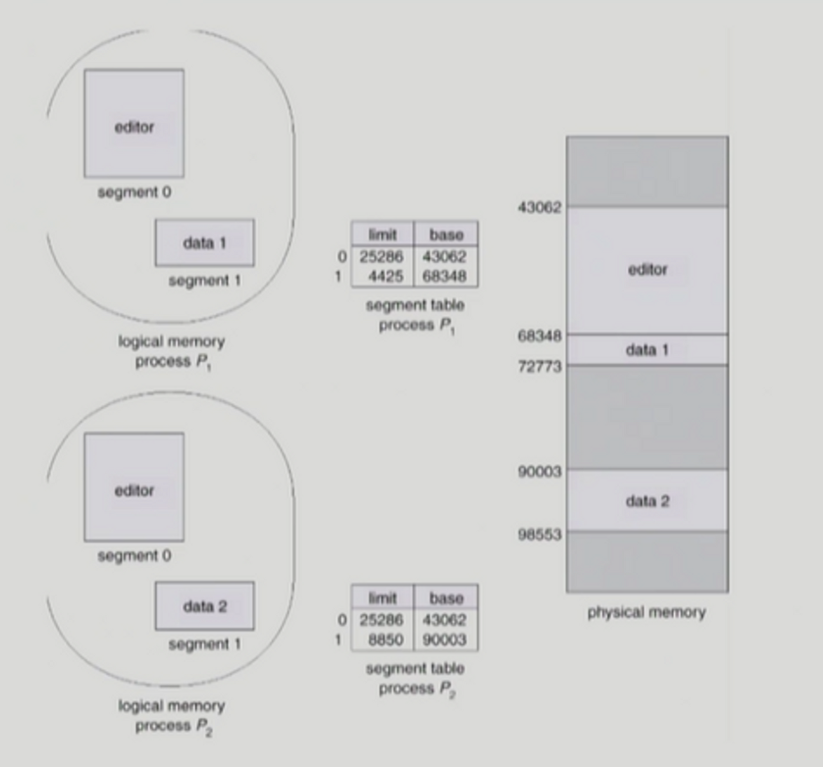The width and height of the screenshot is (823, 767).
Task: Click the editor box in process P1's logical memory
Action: tap(134, 123)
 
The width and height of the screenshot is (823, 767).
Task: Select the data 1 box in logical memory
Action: tap(204, 243)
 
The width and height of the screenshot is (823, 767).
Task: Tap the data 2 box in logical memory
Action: tap(204, 606)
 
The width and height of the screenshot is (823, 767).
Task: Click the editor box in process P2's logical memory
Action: tap(134, 487)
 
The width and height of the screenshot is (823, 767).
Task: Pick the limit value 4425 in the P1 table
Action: tap(385, 276)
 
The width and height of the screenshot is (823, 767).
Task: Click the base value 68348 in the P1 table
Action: tap(444, 276)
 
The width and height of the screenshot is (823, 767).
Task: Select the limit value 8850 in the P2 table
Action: tap(385, 640)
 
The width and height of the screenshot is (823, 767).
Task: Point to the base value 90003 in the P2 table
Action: tap(444, 640)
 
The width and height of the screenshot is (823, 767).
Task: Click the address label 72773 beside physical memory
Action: tap(539, 366)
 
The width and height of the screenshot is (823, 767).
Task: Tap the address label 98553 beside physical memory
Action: tap(539, 535)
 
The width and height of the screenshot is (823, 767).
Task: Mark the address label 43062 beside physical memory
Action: tap(539, 207)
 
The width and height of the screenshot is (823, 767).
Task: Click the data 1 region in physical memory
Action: tap(647, 350)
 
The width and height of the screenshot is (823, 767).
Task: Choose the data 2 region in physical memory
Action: tap(647, 501)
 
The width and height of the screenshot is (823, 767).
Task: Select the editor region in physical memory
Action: tap(647, 269)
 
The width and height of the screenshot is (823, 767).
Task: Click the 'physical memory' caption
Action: tap(646, 612)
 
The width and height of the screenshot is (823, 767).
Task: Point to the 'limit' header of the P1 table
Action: tap(383, 235)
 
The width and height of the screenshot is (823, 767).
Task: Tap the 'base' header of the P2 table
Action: tap(446, 598)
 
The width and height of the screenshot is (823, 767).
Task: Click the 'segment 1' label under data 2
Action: tap(204, 644)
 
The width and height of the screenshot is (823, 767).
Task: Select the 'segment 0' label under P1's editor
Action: tap(134, 192)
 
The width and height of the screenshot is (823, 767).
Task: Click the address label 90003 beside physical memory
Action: tap(539, 472)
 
